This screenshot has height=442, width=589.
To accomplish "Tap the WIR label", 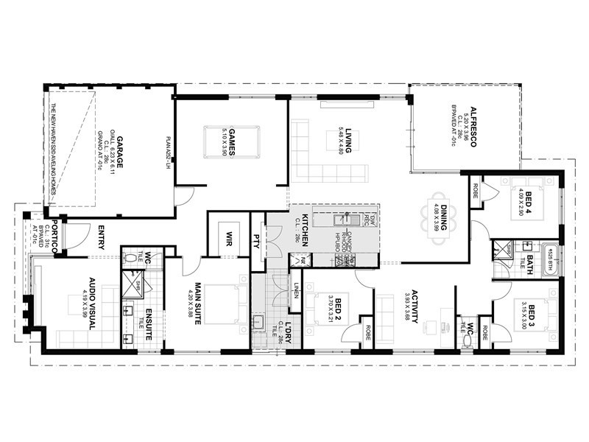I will [x=229, y=240].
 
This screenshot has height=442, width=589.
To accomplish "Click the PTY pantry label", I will [x=258, y=241].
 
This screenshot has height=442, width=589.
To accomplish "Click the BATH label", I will [x=530, y=262].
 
